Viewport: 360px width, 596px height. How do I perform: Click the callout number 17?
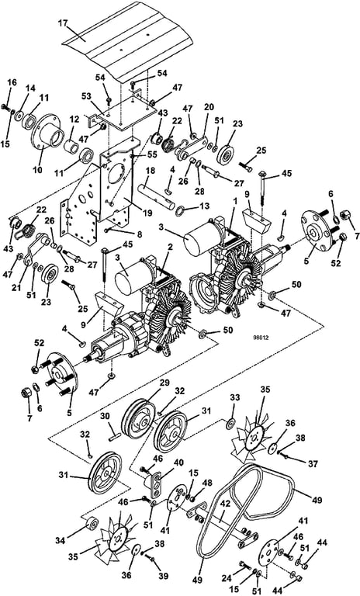(x=63, y=23)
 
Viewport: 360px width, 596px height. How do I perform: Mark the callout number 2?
(x=171, y=248)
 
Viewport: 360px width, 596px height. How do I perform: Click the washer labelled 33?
(x=230, y=423)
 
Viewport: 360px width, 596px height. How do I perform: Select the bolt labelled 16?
(x=6, y=106)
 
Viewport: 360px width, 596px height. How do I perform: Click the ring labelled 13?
(x=182, y=210)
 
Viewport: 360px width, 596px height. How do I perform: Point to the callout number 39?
(x=163, y=577)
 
